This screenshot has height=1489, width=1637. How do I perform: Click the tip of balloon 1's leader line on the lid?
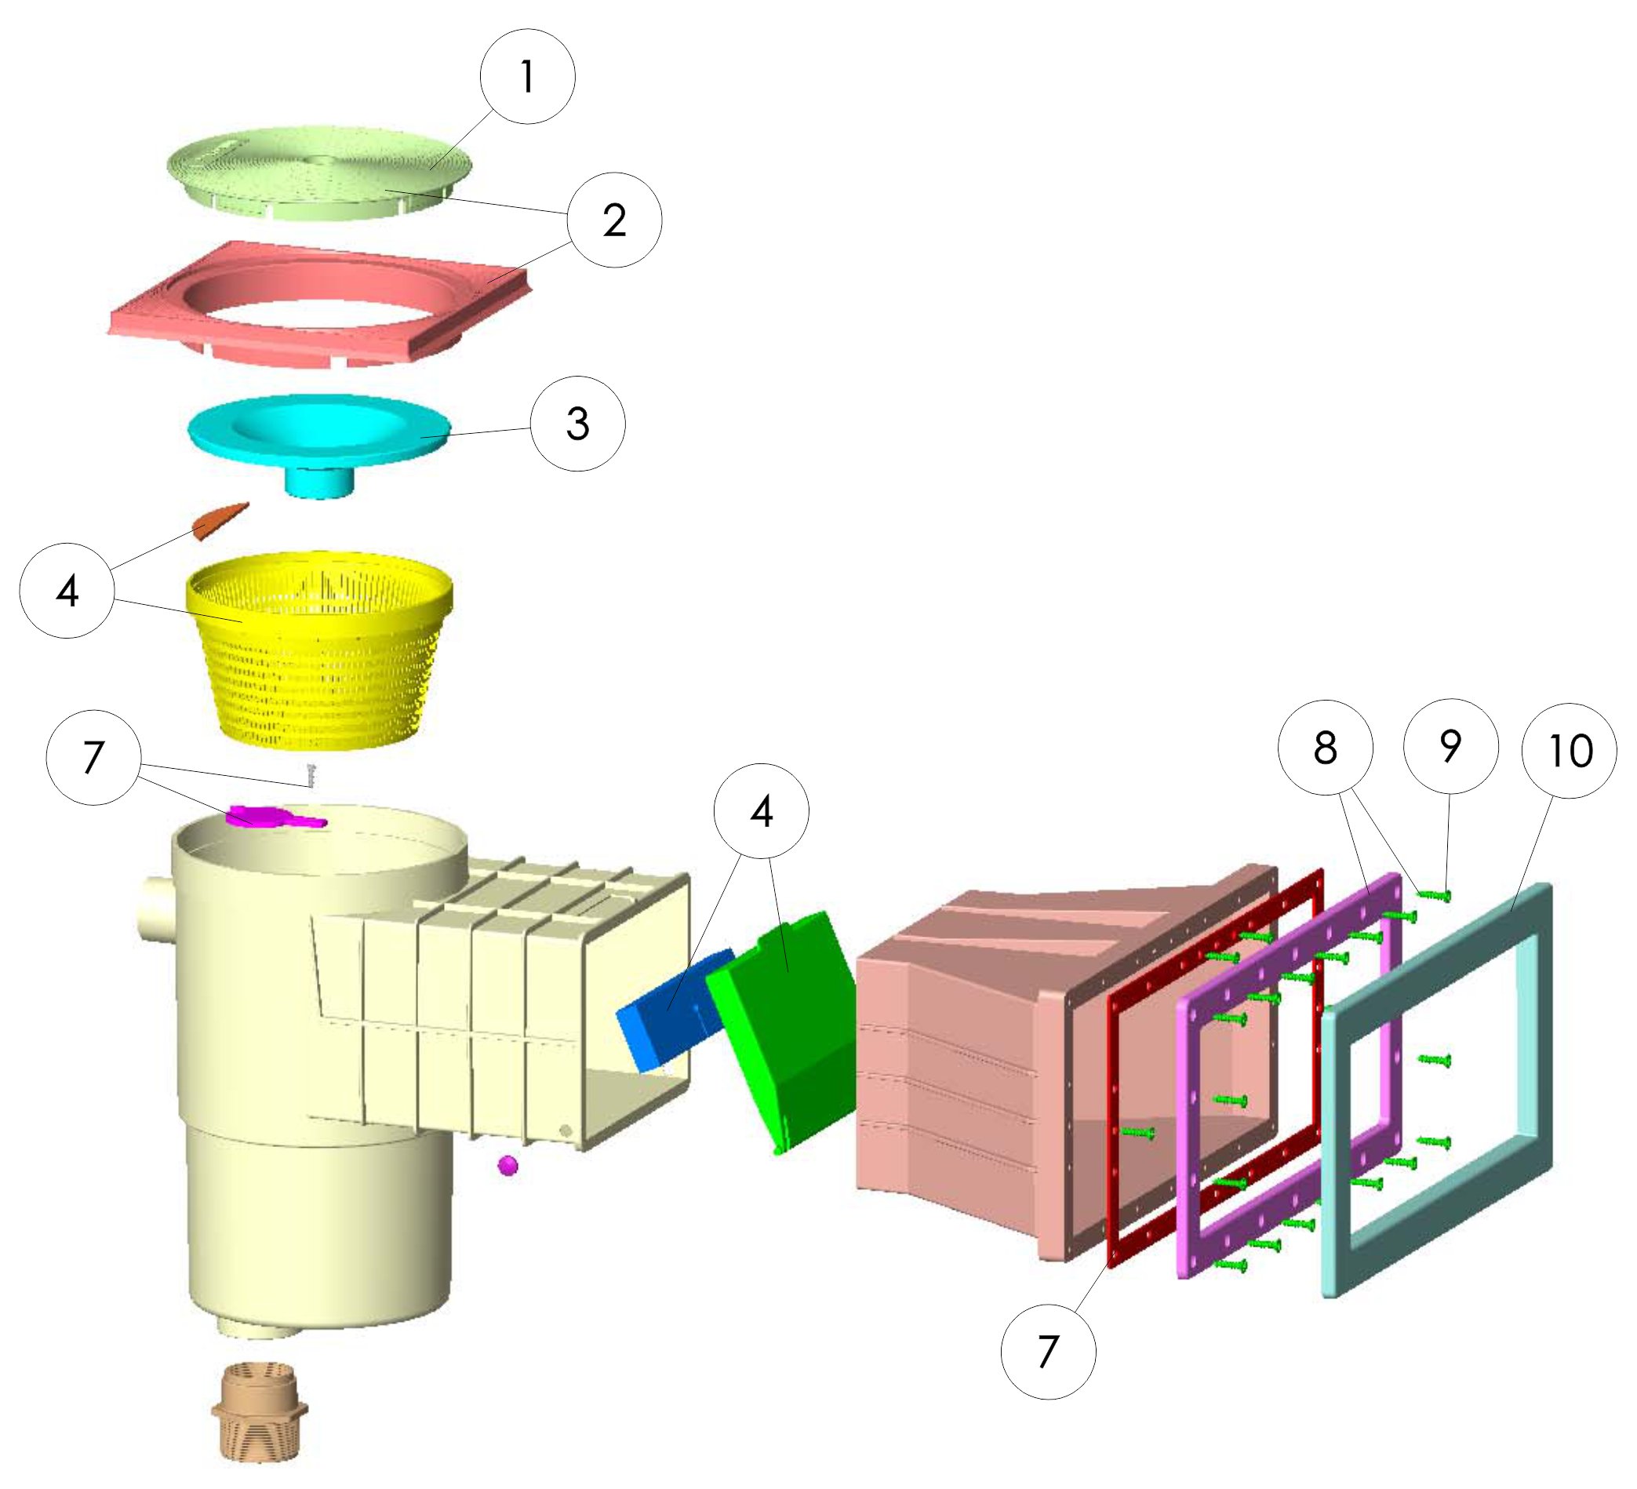(x=431, y=169)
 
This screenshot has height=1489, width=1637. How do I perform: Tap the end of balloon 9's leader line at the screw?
(x=1447, y=895)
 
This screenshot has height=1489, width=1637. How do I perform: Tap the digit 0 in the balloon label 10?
(x=1581, y=752)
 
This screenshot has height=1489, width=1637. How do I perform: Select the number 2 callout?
(x=615, y=220)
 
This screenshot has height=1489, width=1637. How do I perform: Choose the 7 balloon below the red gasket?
(x=1048, y=1352)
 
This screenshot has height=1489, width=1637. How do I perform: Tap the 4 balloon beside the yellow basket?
(x=67, y=591)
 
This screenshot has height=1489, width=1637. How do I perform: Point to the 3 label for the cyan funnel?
(x=578, y=423)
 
